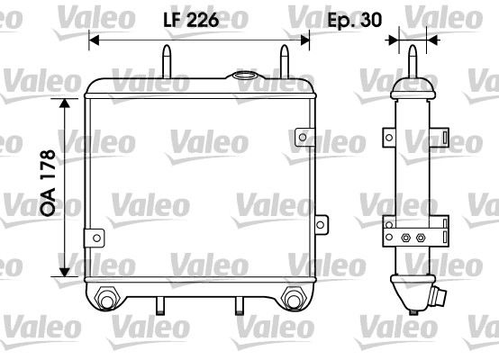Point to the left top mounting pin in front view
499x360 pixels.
[x=168, y=63]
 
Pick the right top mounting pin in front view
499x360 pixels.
[x=286, y=63]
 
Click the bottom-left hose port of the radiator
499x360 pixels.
[x=107, y=297]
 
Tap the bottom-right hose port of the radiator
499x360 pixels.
[x=293, y=297]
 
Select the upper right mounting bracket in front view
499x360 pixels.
[x=304, y=138]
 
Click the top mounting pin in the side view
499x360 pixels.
[x=413, y=61]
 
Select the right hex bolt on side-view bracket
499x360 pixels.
[x=421, y=238]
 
